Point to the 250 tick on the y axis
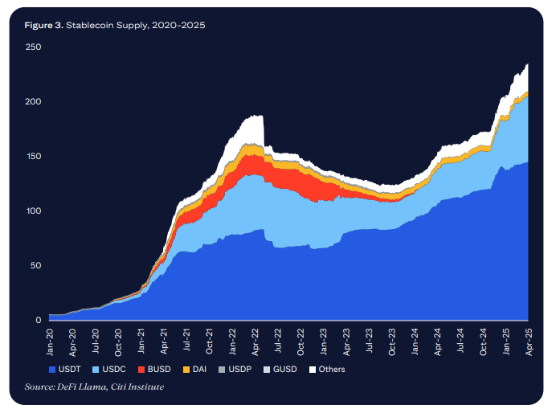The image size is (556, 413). coord(33,47)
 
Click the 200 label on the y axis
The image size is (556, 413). coord(33,102)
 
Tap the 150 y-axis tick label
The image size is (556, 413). coord(33,157)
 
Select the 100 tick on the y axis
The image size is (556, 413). coord(33,211)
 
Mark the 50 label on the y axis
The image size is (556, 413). coord(35,266)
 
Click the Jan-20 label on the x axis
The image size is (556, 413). coord(50,341)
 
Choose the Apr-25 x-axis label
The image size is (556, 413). coord(527,341)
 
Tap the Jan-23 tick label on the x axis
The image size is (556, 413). coord(324,341)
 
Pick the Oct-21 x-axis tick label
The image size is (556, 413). coord(210,341)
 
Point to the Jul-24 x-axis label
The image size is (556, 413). coord(460,341)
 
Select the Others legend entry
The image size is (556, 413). coord(328,370)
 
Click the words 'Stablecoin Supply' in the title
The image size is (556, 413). coord(112,26)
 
